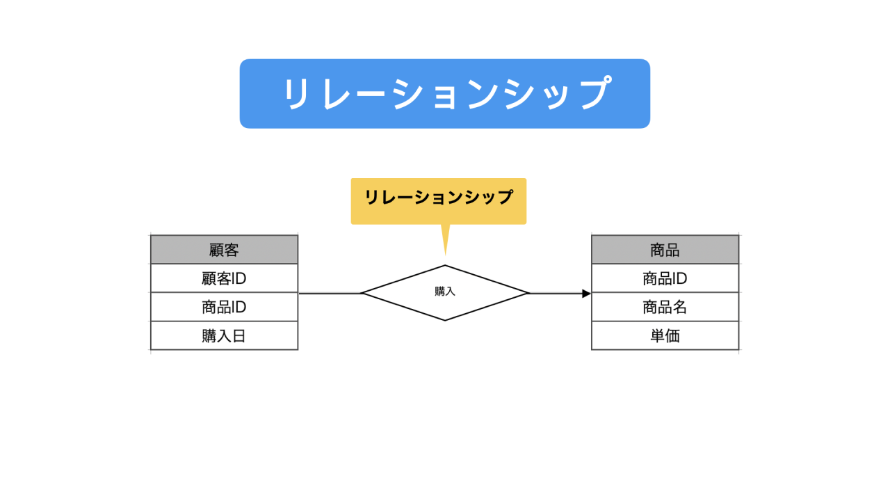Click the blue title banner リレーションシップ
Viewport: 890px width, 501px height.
click(x=444, y=93)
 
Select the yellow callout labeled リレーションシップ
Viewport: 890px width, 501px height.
click(x=439, y=201)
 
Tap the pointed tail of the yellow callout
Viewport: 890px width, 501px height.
click(x=446, y=254)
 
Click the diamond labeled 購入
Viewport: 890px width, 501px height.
click(x=445, y=293)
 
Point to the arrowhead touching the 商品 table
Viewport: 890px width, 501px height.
click(x=586, y=294)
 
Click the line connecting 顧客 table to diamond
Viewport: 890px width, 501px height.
click(x=330, y=294)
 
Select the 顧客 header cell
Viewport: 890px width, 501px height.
click(x=224, y=250)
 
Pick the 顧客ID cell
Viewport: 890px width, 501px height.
click(x=224, y=278)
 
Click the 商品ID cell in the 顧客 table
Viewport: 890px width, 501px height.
click(x=224, y=307)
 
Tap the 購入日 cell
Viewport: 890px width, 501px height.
click(x=224, y=335)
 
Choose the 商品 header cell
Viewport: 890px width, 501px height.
click(x=665, y=250)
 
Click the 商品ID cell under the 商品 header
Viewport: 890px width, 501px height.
click(x=665, y=278)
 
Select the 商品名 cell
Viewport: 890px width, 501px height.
click(x=665, y=307)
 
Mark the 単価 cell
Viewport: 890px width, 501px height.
click(x=665, y=335)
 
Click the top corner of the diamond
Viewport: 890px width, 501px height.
click(x=445, y=265)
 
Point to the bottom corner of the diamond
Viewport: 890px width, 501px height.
click(x=445, y=320)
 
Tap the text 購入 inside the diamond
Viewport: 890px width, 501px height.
click(x=445, y=292)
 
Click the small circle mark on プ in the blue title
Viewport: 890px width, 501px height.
click(x=606, y=79)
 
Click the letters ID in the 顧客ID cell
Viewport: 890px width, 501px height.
click(x=238, y=278)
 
